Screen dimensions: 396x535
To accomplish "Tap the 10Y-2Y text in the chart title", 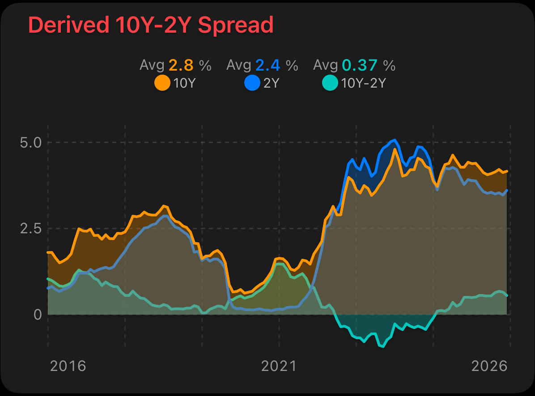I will coord(154,25).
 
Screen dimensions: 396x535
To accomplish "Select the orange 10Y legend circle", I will coord(162,83).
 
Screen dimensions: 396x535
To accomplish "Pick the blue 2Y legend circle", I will coord(252,83).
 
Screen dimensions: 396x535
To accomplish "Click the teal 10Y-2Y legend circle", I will coord(330,83).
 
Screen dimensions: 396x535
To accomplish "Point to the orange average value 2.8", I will coord(181,66).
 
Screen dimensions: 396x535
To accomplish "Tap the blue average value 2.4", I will coord(268,66).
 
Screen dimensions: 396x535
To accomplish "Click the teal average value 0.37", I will coord(361,66).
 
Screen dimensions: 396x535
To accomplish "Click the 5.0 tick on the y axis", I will coord(32,143).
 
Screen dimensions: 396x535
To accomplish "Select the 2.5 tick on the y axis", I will coord(32,229).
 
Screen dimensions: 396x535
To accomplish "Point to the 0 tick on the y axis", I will coord(38,315).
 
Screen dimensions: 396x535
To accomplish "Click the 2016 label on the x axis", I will coord(68,366).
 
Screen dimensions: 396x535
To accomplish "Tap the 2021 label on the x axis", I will coord(279,366).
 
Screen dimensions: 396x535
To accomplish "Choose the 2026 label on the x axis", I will coord(490,366).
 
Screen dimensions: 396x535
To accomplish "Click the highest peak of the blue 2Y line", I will coord(394,140).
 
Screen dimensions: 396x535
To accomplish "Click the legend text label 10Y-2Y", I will coord(363,83).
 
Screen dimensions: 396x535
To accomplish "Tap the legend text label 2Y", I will coord(271,83).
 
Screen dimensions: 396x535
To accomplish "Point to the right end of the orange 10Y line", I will coord(507,171).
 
